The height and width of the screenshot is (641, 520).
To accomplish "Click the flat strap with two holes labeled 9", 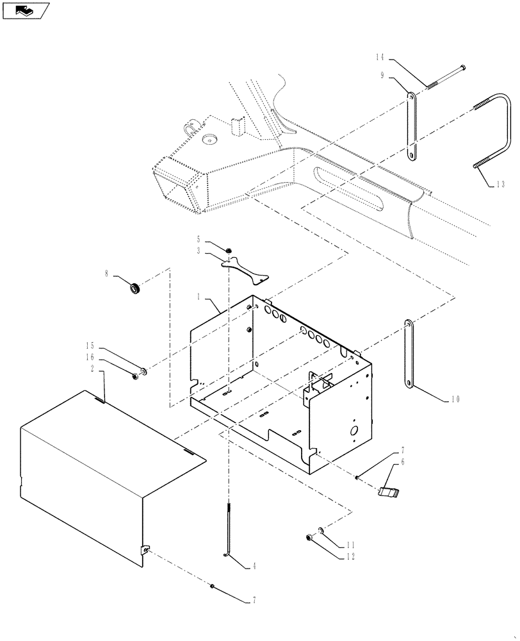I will coord(411,128).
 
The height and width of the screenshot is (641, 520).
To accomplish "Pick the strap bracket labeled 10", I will coord(406,353).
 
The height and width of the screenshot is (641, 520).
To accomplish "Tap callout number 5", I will coord(199,238).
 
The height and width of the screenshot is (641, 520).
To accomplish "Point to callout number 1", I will coord(199,298).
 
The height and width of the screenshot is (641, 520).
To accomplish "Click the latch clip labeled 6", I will coord(389,491).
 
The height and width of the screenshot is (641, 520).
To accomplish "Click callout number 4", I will coord(254,566).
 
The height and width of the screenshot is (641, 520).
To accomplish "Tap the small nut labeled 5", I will coord(228,249).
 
